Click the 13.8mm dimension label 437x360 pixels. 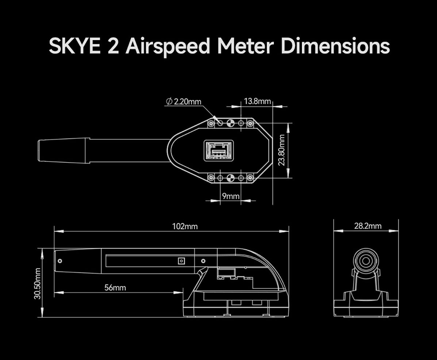coord(257,101)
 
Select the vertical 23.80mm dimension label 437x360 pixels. coord(281,150)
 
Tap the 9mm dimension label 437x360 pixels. coord(230,196)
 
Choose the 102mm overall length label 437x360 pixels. coord(185,227)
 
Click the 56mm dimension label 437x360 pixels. coord(115,288)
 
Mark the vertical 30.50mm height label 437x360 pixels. coord(37,283)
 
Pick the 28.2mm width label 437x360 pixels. coord(368,226)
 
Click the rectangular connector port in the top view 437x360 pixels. coord(218,150)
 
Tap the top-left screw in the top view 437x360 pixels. coord(211,123)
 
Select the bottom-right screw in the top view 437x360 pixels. coord(250,178)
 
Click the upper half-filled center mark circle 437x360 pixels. coord(230,123)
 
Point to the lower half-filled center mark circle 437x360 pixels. coord(230,178)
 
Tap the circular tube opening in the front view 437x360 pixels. coord(365,261)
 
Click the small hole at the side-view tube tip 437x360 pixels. coord(60,261)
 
